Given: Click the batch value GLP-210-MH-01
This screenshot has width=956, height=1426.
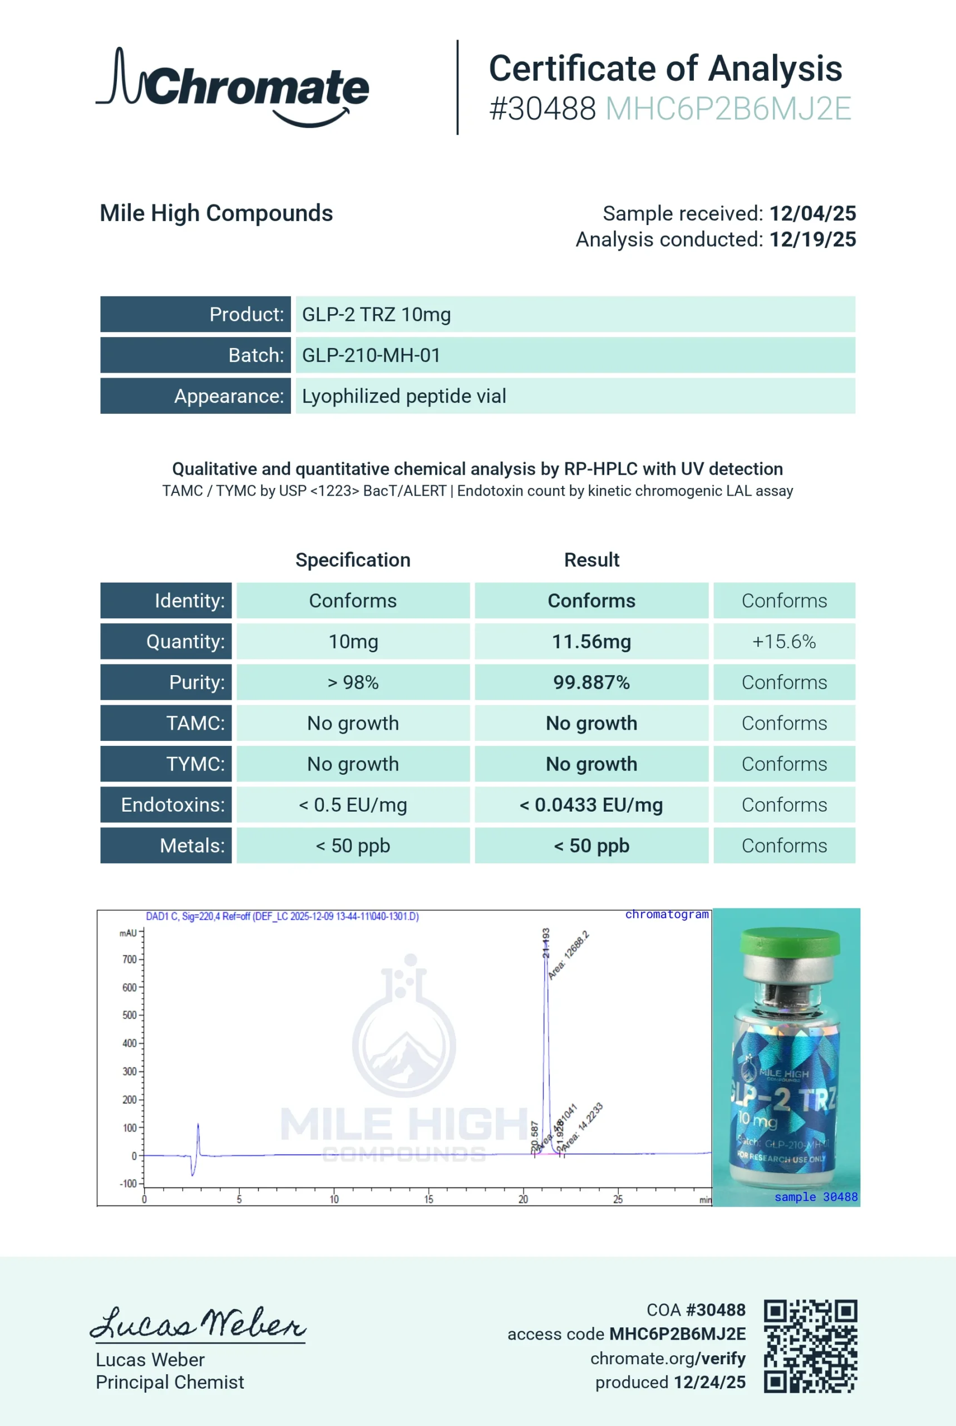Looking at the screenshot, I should coord(371,355).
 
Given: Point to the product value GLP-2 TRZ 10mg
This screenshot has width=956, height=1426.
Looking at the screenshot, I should coord(376,314).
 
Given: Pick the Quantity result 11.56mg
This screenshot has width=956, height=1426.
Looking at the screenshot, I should coord(591,641).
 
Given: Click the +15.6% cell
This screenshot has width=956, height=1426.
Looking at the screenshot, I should coord(783,641).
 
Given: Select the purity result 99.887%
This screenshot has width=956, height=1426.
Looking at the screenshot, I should coord(591,682).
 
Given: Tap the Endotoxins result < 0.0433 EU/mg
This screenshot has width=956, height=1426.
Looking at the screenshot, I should coord(591,805).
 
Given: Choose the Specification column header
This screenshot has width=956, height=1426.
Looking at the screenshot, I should coord(353,560).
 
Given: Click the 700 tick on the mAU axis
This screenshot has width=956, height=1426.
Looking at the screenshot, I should coord(129,959).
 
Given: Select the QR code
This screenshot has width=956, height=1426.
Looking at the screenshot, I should coord(810,1347).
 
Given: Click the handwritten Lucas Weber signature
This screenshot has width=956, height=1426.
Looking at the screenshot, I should coord(198,1324).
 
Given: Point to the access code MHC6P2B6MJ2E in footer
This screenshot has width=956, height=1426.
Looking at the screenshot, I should coord(677,1334).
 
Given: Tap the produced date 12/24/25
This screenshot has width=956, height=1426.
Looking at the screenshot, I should coord(709,1382).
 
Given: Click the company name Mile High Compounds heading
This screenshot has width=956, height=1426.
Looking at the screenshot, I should coord(216,213).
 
